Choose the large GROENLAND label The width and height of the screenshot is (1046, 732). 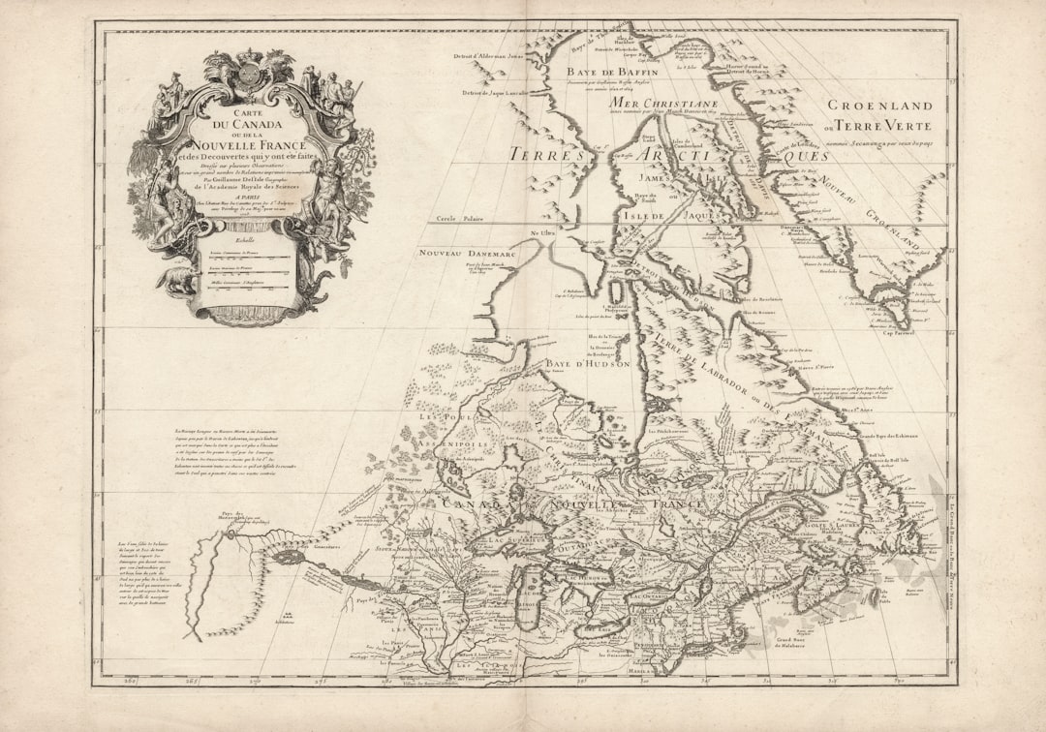(x=880, y=106)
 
